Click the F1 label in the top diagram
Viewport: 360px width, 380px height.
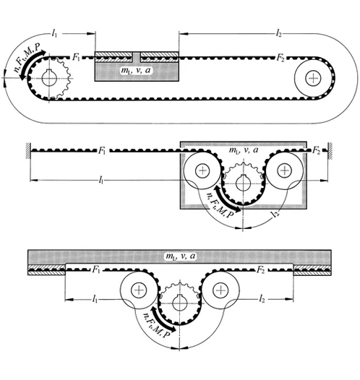pos(76,58)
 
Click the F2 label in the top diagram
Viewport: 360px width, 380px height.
pos(280,59)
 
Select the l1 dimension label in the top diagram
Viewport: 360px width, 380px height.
pos(54,33)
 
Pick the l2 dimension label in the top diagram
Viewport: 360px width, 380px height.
pos(279,33)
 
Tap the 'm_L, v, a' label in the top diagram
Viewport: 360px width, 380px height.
pos(136,70)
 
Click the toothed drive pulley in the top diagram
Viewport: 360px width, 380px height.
pos(50,78)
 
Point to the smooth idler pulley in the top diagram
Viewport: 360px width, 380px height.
pos(313,78)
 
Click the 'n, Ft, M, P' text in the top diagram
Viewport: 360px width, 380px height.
pos(27,58)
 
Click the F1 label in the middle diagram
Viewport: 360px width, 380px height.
pos(102,150)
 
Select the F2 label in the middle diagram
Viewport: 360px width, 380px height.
pos(316,150)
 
